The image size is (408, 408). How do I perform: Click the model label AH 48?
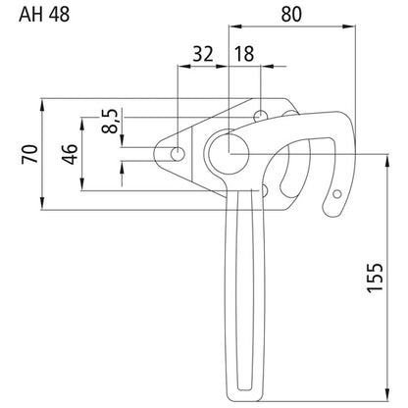[x=28, y=14]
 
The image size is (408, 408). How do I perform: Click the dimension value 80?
[x=291, y=14]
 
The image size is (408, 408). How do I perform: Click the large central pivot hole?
[x=229, y=152]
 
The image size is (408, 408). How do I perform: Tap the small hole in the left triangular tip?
[x=178, y=153]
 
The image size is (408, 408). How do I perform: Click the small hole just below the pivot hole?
[x=264, y=188]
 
